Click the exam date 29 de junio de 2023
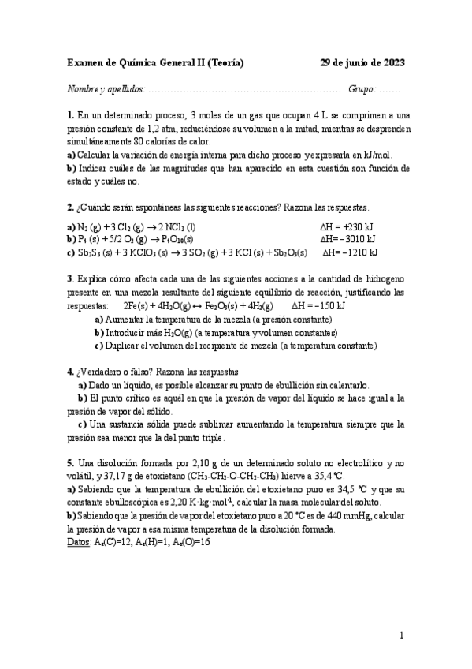(362, 64)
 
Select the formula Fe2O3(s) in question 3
(225, 305)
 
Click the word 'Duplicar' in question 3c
(126, 346)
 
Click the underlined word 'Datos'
(79, 542)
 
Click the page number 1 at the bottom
(401, 635)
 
